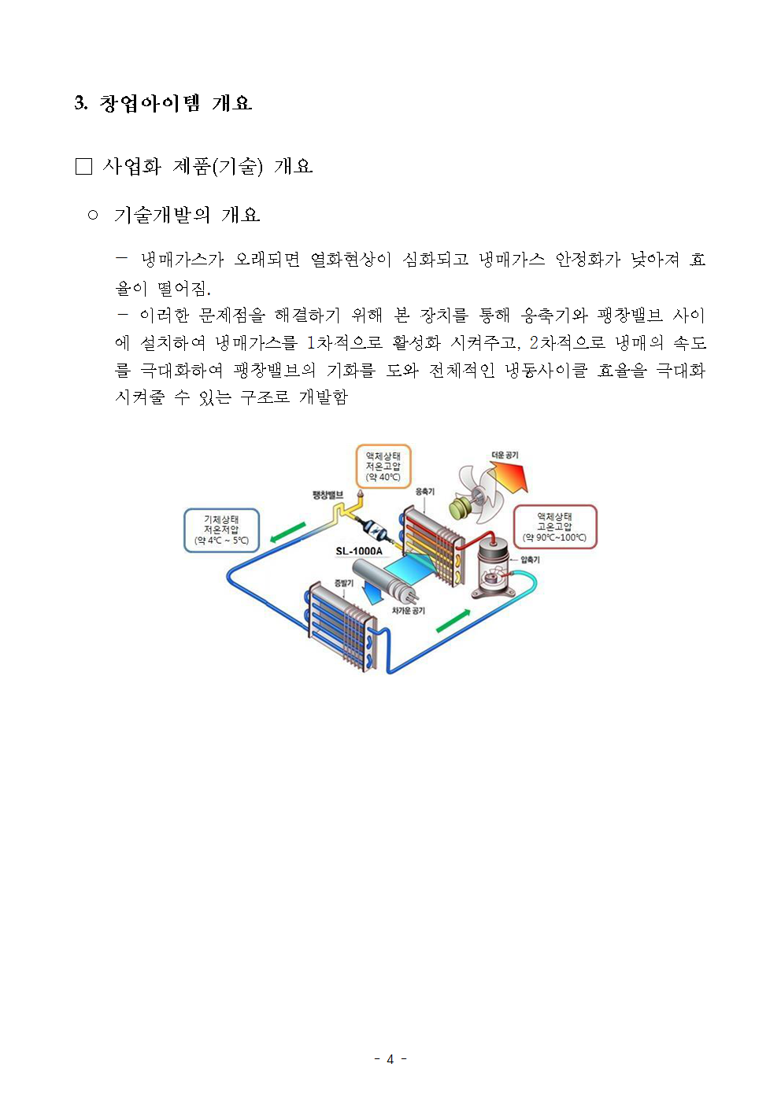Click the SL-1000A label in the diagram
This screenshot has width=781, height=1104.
pos(359,551)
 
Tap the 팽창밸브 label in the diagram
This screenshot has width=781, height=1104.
pos(328,495)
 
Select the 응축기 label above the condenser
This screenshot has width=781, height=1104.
pos(425,491)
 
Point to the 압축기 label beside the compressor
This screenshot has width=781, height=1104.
pos(530,560)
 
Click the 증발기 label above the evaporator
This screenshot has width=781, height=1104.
pos(344,583)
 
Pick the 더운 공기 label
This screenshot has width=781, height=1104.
pos(505,455)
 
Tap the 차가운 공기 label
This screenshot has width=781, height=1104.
pos(409,611)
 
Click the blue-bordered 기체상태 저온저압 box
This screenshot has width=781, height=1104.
pos(221,530)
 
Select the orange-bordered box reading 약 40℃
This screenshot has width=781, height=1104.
pos(383,467)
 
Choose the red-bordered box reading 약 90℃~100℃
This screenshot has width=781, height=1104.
pos(555,527)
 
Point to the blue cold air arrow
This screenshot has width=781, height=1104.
pos(372,593)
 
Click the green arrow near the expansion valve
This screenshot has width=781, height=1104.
pos(288,532)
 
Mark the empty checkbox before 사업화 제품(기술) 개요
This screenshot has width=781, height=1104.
pos(83,166)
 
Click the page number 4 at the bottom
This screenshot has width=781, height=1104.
pos(390,1059)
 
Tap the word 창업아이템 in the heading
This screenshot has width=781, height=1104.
pos(150,104)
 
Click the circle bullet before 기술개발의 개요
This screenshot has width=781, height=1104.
pos(93,216)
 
